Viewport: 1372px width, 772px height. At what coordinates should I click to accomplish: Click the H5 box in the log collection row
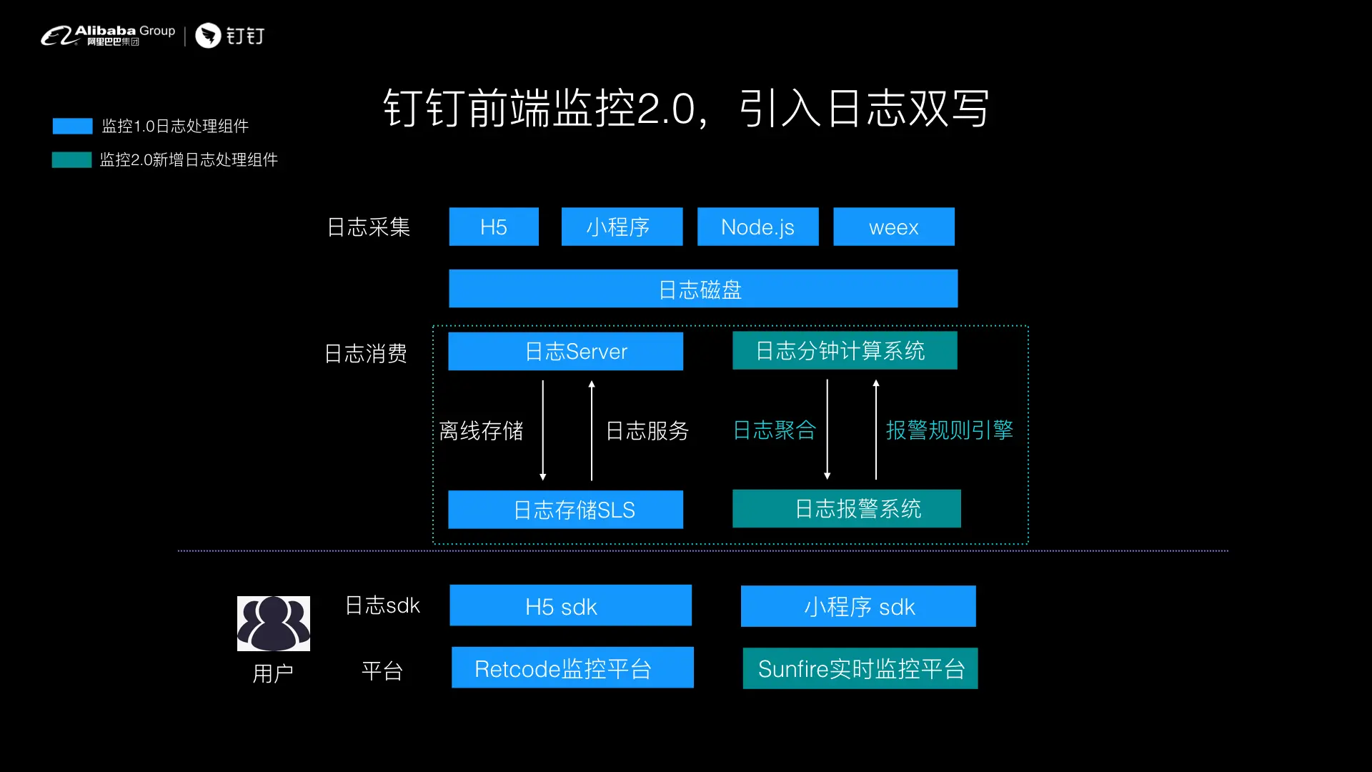[x=494, y=227]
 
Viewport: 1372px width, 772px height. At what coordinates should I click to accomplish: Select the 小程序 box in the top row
[x=622, y=227]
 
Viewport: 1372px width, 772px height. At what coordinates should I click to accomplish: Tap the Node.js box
[x=757, y=227]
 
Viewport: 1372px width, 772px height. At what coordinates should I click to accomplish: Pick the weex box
[x=893, y=227]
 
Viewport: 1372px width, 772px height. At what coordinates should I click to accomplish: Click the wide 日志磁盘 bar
[x=703, y=289]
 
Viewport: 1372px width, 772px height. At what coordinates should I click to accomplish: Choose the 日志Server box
[x=565, y=351]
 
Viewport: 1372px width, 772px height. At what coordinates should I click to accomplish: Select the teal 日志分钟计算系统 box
[x=845, y=350]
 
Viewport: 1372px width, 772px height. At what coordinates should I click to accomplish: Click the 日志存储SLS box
[x=565, y=510]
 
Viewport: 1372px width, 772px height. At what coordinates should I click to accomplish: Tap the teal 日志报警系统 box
[x=846, y=508]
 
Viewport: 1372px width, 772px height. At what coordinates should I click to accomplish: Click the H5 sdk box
[x=570, y=605]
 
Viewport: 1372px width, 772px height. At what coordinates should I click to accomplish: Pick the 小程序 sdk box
[x=858, y=606]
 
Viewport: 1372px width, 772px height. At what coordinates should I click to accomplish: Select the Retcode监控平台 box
[x=572, y=668]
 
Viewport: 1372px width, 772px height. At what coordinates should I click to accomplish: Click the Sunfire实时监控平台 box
[x=860, y=668]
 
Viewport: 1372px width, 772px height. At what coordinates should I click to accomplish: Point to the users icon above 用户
[x=274, y=623]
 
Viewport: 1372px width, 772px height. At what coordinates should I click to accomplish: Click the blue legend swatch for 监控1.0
[x=72, y=127]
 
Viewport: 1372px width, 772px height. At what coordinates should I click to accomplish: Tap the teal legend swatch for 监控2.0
[x=71, y=159]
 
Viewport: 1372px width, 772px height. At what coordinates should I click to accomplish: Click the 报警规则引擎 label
[x=950, y=430]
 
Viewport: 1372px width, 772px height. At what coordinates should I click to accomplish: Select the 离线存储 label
[x=481, y=430]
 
